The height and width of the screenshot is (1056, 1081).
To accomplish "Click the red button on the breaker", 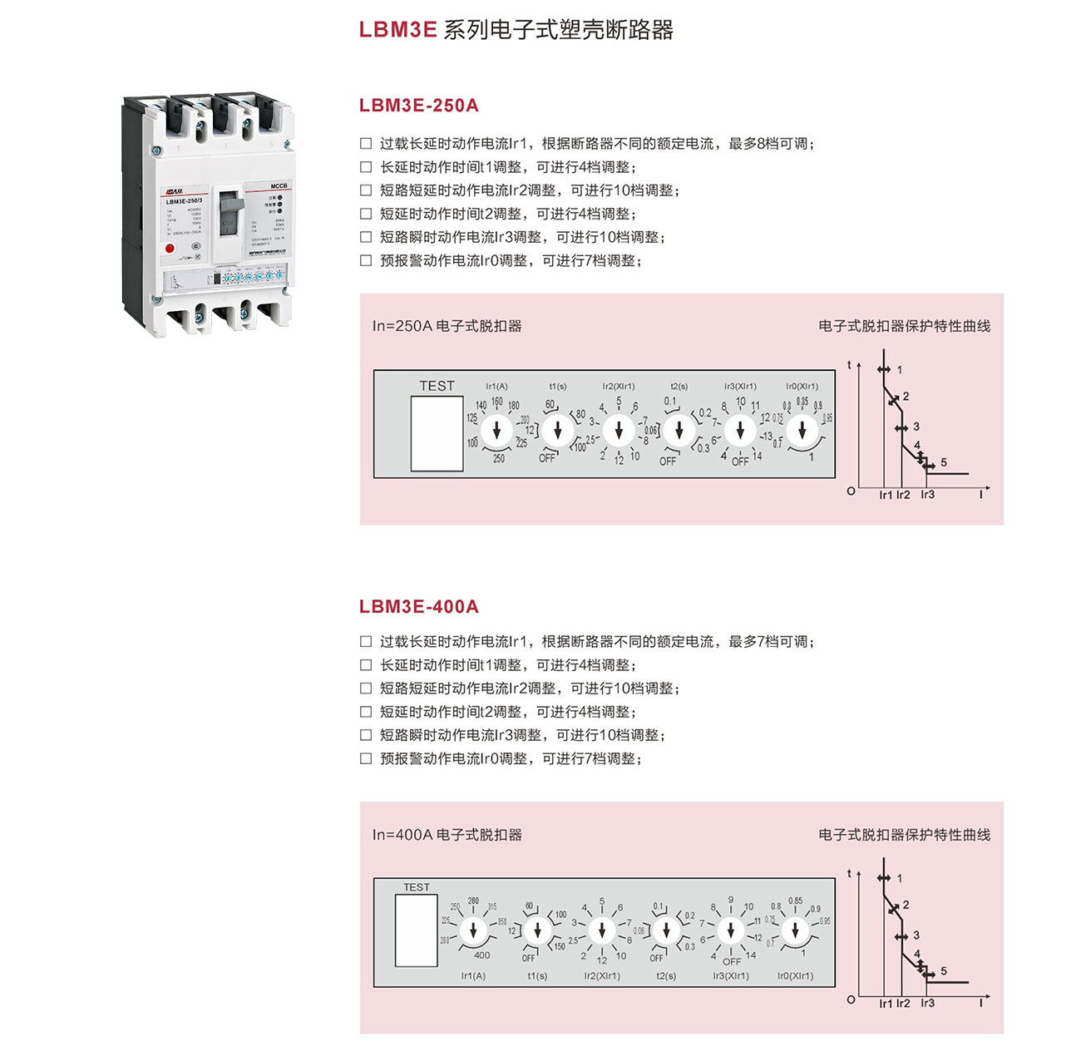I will [170, 248].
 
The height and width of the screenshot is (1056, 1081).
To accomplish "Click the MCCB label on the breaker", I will [279, 186].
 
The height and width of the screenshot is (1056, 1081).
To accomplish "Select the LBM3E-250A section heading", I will [418, 106].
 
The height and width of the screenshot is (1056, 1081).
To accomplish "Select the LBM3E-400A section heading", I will [418, 607].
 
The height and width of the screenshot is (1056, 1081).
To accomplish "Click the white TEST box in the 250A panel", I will [437, 433].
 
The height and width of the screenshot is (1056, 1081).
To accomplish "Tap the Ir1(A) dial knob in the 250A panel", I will [497, 430].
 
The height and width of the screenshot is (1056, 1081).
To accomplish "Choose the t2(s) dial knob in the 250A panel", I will [679, 430].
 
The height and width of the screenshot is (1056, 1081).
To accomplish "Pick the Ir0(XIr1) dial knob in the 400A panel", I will [795, 930].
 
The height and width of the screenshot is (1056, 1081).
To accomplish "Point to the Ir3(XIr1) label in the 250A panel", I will [740, 387].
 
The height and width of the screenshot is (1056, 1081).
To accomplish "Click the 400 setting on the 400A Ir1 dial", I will [481, 955].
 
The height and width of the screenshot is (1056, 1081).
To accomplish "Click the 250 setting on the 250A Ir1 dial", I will [499, 458].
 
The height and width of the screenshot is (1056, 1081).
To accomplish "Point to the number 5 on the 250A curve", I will [944, 462].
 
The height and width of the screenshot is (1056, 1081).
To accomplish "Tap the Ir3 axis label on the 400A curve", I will [927, 1004].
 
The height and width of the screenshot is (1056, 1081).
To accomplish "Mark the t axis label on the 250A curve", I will [849, 365].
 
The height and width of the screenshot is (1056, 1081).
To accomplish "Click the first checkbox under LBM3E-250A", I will [366, 144].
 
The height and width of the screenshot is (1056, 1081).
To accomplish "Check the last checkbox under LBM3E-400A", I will [366, 759].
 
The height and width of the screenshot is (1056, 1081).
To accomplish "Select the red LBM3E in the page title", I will [397, 30].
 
